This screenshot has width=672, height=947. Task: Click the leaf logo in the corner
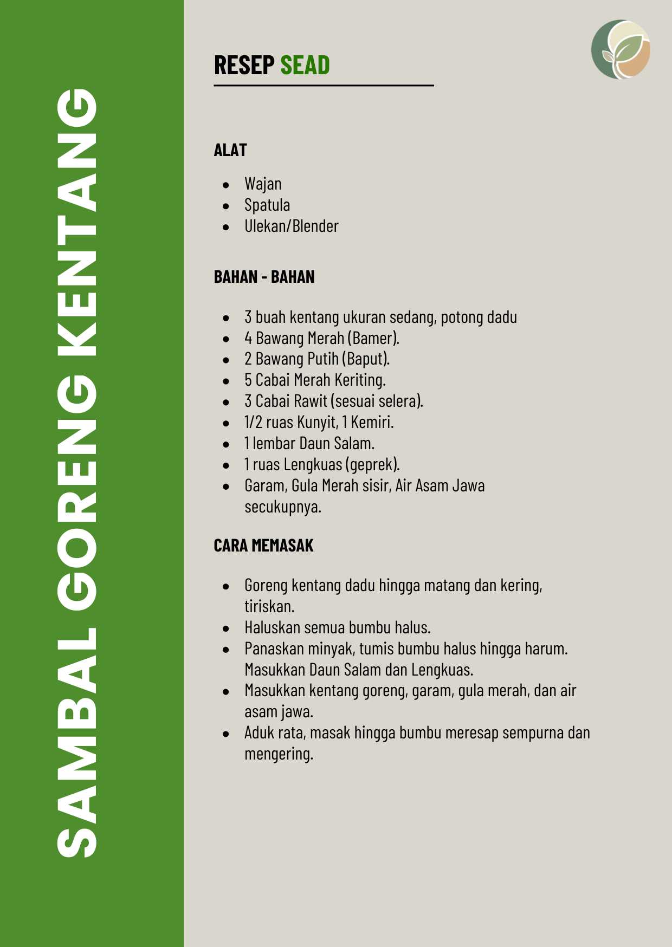621,49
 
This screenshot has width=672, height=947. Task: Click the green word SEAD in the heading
305,65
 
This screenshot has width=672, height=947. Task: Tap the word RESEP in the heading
244,65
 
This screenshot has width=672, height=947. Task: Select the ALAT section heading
230,150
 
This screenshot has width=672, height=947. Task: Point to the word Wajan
263,184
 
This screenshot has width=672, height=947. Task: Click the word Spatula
267,205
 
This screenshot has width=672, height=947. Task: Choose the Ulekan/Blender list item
291,226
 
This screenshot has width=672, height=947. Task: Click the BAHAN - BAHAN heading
264,277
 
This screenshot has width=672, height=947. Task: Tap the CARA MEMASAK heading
263,546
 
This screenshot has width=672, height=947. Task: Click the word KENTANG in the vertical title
77,222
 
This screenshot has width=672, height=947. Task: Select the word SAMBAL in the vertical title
77,742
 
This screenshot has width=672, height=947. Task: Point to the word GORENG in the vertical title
77,493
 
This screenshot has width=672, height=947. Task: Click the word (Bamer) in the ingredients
373,338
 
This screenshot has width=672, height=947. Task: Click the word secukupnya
282,507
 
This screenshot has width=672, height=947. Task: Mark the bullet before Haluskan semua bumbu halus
226,628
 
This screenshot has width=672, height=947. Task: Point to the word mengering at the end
279,754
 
